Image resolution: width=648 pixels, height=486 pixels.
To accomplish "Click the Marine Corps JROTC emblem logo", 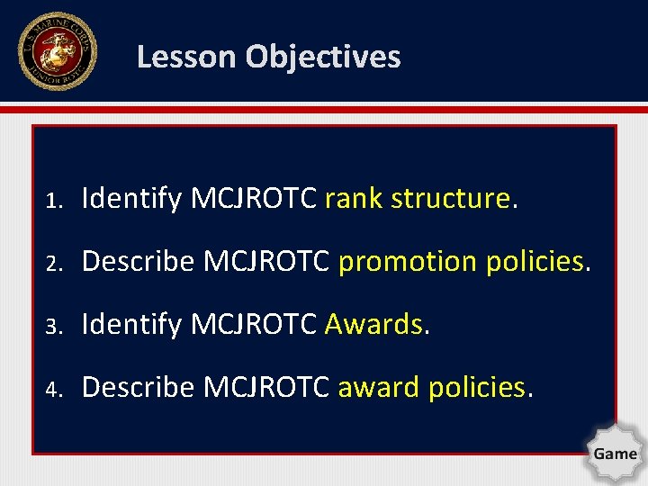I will pos(56,52).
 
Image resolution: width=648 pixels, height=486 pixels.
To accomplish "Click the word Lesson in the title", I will pos(187,57).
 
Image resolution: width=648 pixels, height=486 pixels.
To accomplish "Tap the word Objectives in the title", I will pos(323,57).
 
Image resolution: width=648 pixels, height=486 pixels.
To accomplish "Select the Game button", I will pos(615,454).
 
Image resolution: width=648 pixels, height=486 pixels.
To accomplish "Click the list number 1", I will pos(54,199).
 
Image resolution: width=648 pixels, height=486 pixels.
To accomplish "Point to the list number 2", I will pos(54,262).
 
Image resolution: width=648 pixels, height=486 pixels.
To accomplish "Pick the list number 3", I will pos(54,325).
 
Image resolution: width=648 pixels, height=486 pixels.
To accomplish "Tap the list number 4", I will pos(54,388).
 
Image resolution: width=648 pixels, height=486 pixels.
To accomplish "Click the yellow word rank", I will pos(354,198).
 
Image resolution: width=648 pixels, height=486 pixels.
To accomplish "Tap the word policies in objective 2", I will pos(535,261).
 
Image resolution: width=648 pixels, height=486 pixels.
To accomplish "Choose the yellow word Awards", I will pos(373,324).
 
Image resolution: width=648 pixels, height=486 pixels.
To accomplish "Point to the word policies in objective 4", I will pos(476,387).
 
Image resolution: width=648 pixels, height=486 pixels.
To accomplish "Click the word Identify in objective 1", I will pos(132,198).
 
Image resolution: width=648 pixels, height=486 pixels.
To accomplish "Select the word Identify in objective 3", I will pos(132,324).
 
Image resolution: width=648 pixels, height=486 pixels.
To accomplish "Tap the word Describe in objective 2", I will pos(138,261).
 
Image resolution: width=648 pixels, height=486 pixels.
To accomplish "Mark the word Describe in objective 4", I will pos(138,387).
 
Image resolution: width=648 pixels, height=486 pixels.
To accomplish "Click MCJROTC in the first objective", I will pos(254,198).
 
